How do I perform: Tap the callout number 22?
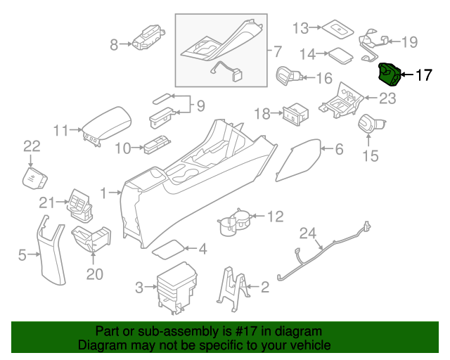click(x=32, y=146)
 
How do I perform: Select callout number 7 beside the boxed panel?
click(x=277, y=51)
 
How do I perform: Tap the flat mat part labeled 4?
click(x=169, y=248)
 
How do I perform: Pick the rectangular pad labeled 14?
click(x=341, y=53)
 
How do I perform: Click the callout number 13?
click(x=301, y=28)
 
